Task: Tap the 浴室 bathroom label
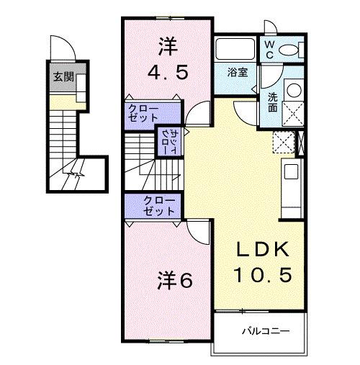tap(237, 72)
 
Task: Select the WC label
tap(268, 50)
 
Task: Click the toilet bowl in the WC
tap(290, 50)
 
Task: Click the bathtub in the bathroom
tap(235, 50)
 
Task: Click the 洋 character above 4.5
tap(167, 45)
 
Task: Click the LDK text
tap(264, 251)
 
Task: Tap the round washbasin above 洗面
tap(293, 91)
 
